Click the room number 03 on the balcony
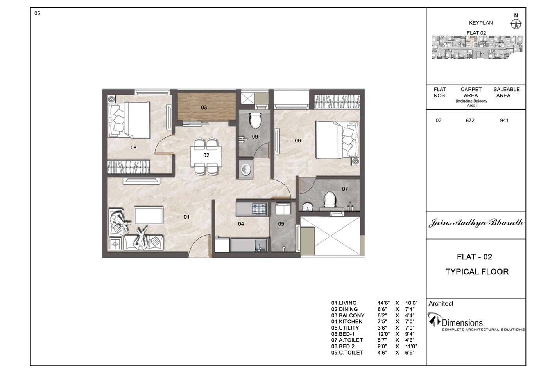point(204,108)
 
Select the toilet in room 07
point(330,200)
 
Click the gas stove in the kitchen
point(259,209)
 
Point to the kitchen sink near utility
point(260,245)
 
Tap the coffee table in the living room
point(149,215)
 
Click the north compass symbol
point(516,24)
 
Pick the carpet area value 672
point(470,121)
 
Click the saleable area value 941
point(504,121)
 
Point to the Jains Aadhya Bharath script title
point(476,223)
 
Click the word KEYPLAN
point(481,23)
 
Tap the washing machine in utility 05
point(283,209)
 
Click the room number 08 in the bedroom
point(134,148)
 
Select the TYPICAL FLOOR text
point(477,272)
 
